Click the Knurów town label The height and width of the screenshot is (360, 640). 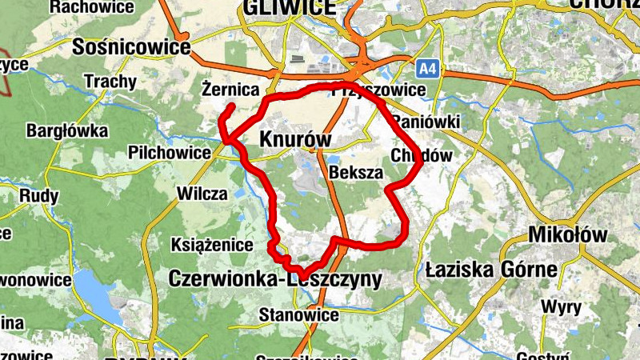click(295, 140)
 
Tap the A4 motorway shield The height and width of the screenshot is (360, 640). click(428, 70)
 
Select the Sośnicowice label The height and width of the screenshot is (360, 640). click(131, 48)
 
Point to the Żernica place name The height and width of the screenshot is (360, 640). click(230, 89)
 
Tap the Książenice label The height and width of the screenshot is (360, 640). click(213, 245)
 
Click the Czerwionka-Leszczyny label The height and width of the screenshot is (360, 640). click(275, 278)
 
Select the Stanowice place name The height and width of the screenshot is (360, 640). click(298, 315)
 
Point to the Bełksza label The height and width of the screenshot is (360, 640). click(356, 172)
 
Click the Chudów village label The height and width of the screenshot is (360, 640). click(422, 155)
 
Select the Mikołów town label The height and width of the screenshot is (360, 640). click(568, 236)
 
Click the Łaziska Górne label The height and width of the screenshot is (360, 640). click(487, 268)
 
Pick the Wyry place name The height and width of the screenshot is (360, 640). click(561, 306)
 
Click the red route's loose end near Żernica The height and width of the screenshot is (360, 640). click(233, 106)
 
